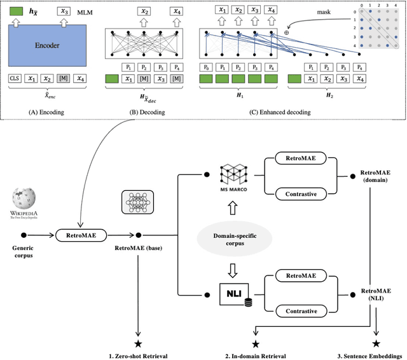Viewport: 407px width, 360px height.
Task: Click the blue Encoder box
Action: click(x=47, y=45)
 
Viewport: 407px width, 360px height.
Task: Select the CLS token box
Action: click(x=15, y=78)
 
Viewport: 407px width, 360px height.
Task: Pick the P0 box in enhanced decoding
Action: click(x=205, y=67)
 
